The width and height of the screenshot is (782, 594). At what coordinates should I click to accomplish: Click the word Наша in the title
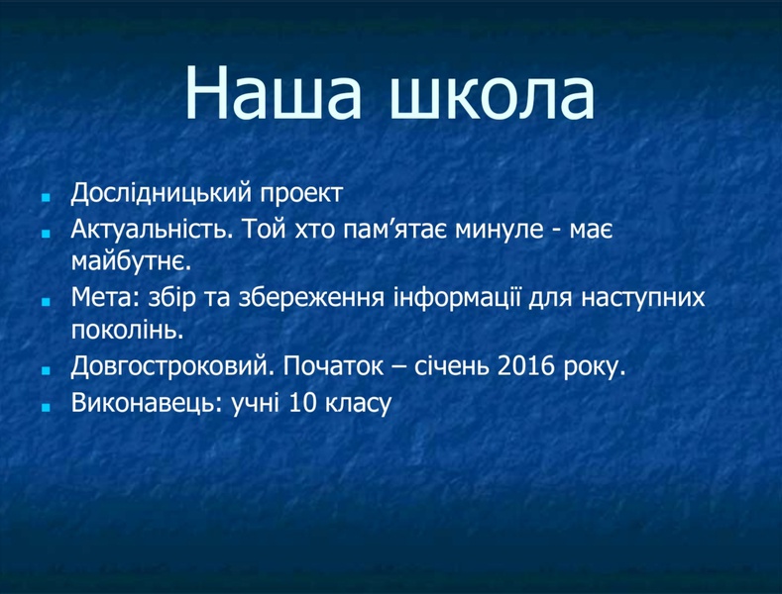(273, 93)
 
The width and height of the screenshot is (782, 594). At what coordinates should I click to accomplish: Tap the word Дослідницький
(161, 194)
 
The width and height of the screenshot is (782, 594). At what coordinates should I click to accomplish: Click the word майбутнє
(131, 261)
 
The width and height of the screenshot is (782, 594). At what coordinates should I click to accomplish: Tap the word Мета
(106, 298)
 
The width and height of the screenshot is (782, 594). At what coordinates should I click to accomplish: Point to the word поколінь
(128, 330)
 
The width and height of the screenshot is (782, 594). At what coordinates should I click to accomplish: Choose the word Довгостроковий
(172, 367)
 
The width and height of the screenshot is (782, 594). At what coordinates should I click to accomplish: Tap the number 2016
(525, 367)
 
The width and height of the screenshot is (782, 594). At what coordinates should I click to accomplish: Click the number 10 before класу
(302, 403)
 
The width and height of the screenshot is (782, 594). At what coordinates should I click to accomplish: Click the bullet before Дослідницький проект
(46, 198)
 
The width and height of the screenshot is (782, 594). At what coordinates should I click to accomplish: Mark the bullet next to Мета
(46, 302)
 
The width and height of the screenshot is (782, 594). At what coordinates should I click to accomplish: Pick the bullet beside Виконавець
(46, 407)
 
